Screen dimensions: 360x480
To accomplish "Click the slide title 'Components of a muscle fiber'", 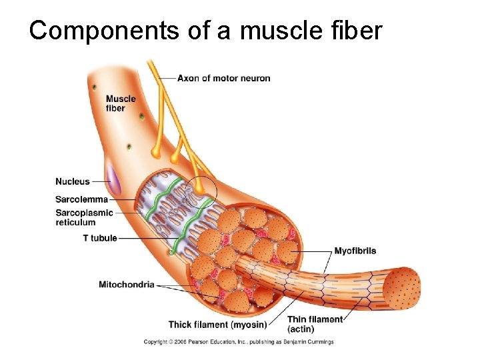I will tap(205, 30).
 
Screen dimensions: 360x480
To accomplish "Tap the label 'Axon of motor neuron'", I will tap(224, 78).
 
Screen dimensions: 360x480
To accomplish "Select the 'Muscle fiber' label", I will tap(121, 103).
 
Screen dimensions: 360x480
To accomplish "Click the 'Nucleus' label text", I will tap(73, 181).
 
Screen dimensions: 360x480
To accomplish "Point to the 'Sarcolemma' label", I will tap(81, 199).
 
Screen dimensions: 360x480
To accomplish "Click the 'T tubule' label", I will tap(100, 238).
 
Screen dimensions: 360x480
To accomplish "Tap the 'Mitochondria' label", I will tap(127, 285).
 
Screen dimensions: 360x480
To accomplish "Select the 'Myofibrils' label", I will tap(355, 251).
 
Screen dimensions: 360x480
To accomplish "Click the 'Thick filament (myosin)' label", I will tap(217, 325).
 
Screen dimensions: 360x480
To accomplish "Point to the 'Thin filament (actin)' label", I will tap(315, 325).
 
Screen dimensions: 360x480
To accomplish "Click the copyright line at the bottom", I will tap(239, 342).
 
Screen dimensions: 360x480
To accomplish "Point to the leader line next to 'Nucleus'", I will tap(100, 181).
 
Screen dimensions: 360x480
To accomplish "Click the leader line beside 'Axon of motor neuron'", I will tap(167, 78).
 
